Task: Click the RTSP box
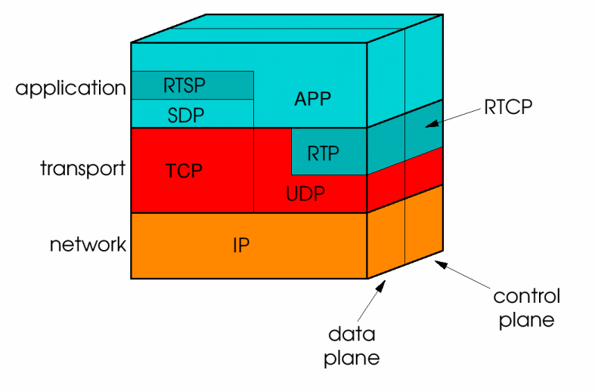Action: (192, 85)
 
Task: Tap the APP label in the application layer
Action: (314, 98)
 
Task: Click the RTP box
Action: (323, 153)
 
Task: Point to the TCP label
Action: (184, 171)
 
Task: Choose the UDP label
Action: (305, 194)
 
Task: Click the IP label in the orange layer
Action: (241, 245)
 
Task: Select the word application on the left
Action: (70, 88)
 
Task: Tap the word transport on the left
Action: (82, 168)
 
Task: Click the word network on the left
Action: (88, 245)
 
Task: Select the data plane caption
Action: (352, 346)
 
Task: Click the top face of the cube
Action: (287, 28)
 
